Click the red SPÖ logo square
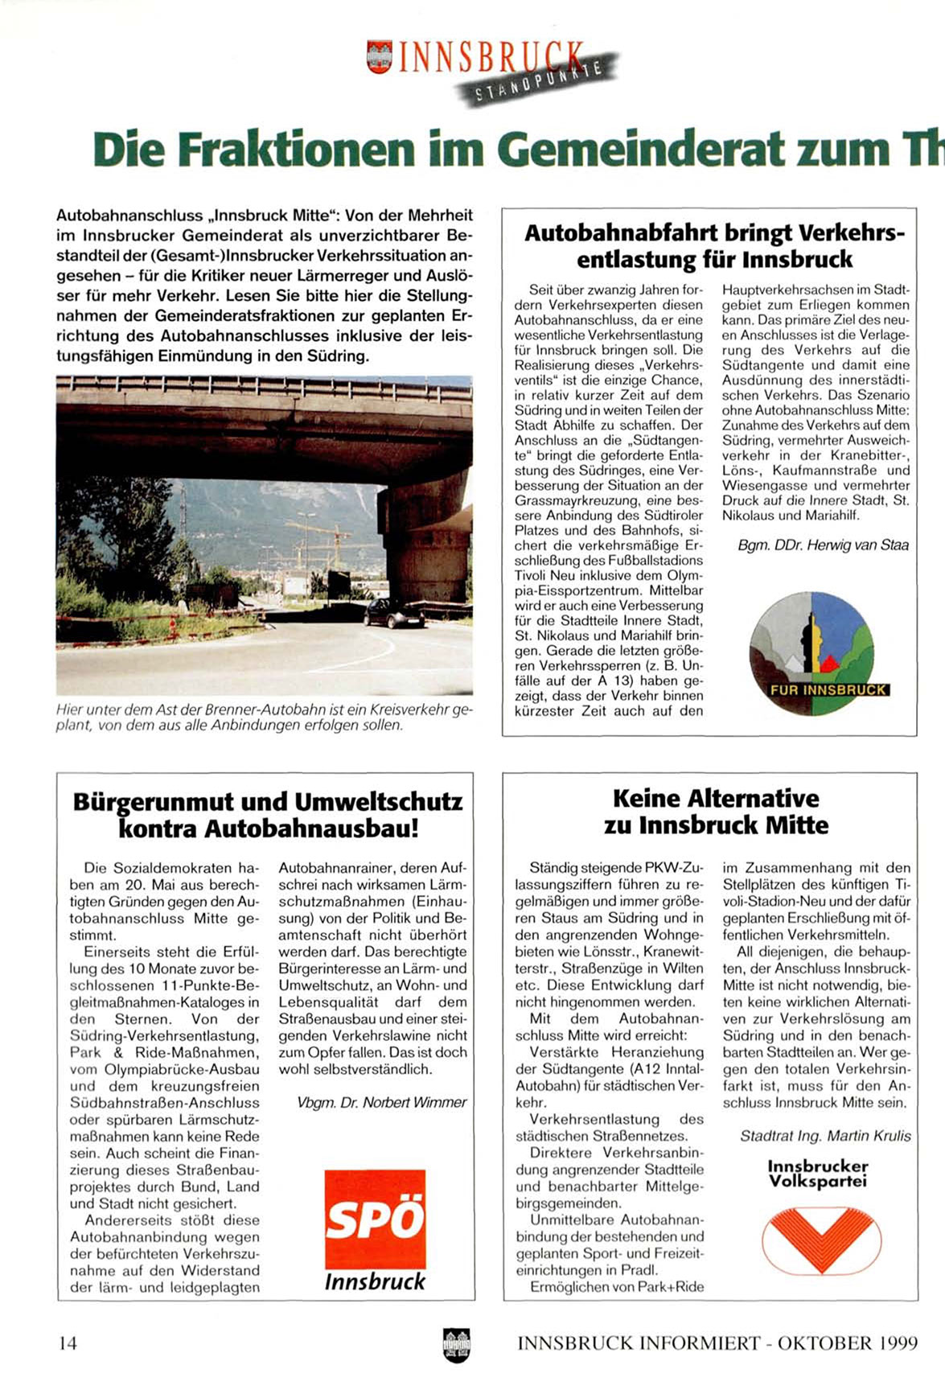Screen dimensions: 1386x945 [x=375, y=1219]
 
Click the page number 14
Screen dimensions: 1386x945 [x=68, y=1343]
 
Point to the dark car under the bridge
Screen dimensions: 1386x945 [x=395, y=614]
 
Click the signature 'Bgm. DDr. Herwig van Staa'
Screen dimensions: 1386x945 [x=823, y=545]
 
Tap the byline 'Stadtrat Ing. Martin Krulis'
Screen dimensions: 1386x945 [x=825, y=1136]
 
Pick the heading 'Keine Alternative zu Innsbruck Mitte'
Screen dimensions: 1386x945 [x=716, y=812]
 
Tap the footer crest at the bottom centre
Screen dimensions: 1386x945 [x=457, y=1344]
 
